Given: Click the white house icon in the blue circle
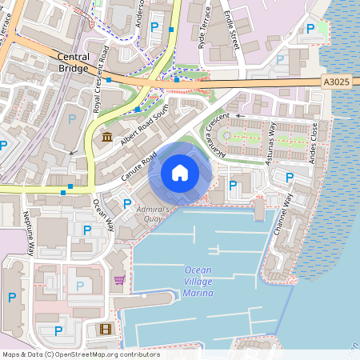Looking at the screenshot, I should tap(180, 172).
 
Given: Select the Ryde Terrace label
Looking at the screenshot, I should tap(206, 27).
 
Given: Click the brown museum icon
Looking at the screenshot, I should tap(107, 138).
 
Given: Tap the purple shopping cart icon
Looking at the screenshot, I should tap(119, 279).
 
